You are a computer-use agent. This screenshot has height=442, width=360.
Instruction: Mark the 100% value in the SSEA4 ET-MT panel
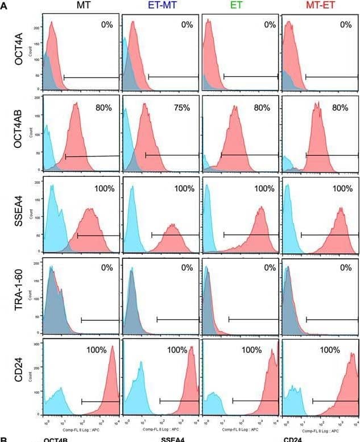pos(184,188)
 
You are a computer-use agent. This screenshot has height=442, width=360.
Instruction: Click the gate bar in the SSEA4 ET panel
pos(250,234)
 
